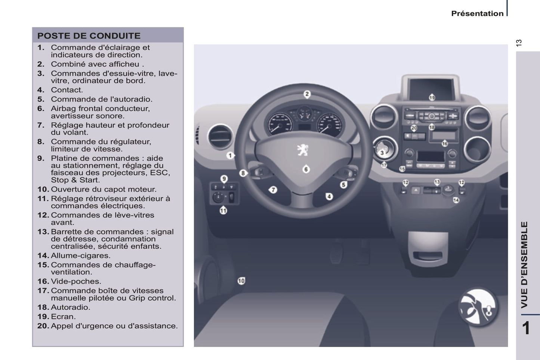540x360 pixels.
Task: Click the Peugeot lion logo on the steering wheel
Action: [303, 150]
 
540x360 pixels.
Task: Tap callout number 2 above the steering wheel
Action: [307, 94]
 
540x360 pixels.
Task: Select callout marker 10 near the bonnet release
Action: [241, 281]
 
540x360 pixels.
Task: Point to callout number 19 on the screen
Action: [432, 97]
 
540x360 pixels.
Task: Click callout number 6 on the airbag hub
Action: [306, 169]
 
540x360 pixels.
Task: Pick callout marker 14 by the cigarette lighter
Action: [456, 200]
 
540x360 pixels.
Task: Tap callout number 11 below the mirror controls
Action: [223, 211]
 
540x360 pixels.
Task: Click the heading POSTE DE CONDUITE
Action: [89, 35]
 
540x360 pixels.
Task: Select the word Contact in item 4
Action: [67, 90]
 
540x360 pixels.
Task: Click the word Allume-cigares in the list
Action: [80, 255]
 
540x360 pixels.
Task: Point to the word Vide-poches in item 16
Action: [76, 281]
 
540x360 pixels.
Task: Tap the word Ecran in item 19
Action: [63, 316]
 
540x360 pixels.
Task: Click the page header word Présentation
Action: [477, 13]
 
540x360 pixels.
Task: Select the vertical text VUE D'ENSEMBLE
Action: [524, 265]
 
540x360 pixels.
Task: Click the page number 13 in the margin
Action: [519, 43]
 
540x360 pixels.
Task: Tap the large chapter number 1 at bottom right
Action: [526, 328]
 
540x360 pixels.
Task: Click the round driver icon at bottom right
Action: [478, 307]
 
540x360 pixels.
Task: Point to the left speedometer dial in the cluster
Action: [280, 125]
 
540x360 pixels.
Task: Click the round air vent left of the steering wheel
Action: [220, 137]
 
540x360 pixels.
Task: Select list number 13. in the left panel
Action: [43, 232]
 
